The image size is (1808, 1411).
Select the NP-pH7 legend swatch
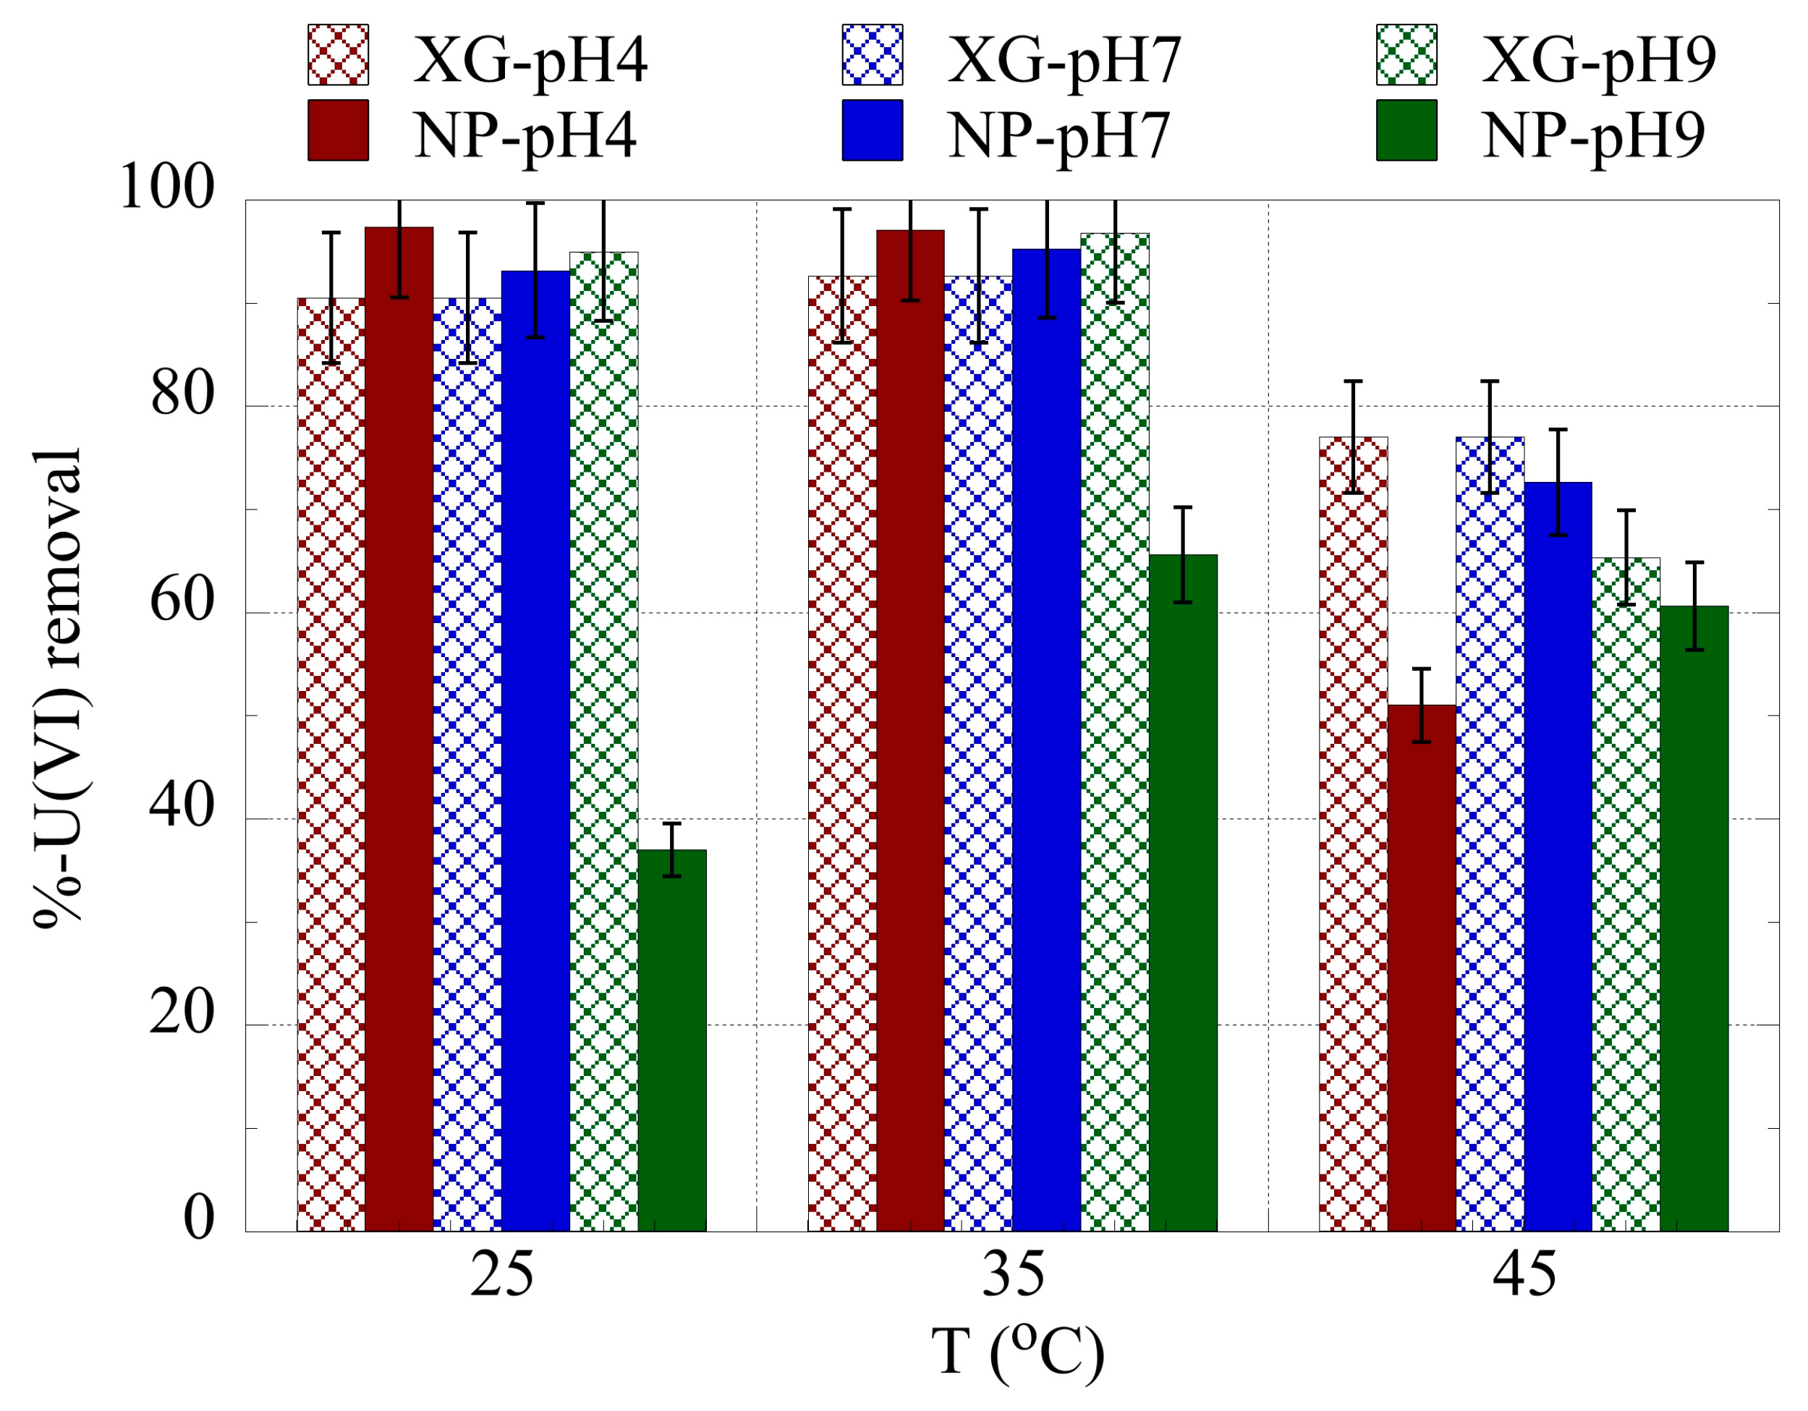[x=872, y=130]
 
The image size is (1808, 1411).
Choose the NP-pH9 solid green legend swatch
[x=1406, y=130]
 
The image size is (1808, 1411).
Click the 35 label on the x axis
[x=1012, y=1275]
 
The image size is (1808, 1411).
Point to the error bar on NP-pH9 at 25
[x=671, y=849]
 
